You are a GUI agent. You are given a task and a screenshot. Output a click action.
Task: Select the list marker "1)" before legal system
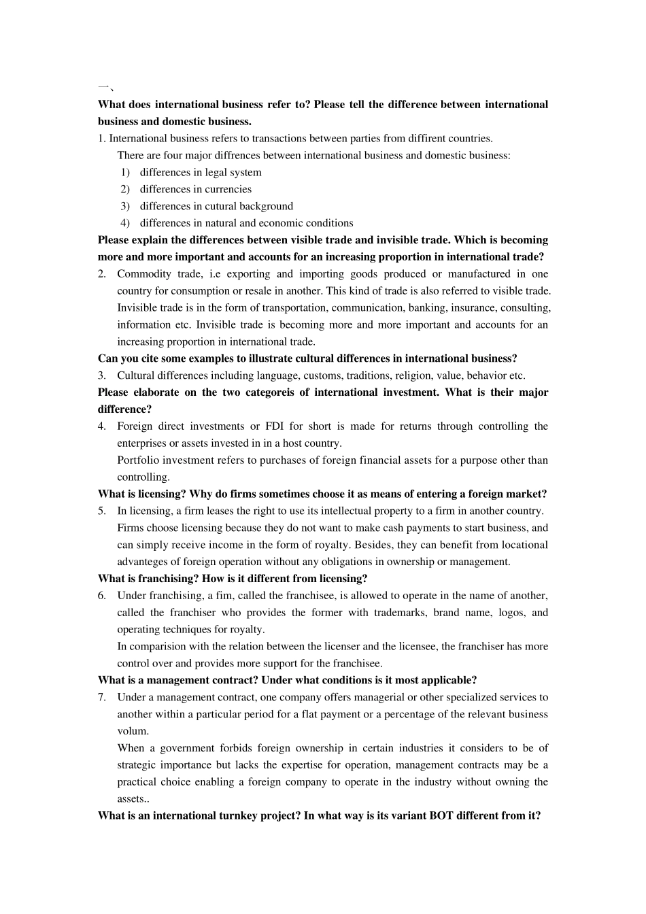(125, 173)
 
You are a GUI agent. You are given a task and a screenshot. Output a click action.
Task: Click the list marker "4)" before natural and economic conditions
(125, 223)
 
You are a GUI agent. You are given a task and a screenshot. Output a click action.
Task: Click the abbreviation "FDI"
(275, 426)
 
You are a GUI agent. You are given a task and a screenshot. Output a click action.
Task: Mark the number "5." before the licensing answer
(102, 511)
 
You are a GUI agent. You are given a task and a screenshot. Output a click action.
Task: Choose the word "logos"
(510, 613)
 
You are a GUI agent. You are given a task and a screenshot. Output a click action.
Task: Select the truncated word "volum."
(133, 731)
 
